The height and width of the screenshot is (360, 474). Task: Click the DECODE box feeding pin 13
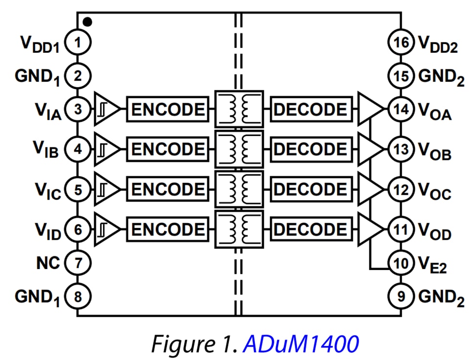311,149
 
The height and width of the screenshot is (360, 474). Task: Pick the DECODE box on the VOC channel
311,189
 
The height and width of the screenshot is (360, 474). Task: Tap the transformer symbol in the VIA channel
239,110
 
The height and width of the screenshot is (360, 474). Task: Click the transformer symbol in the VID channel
239,229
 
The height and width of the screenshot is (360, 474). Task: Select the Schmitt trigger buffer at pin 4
105,149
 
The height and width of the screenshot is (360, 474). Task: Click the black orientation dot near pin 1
87,22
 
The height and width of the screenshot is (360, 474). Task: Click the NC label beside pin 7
47,263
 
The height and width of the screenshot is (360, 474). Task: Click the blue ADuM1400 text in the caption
301,343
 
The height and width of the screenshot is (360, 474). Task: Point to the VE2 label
432,265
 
